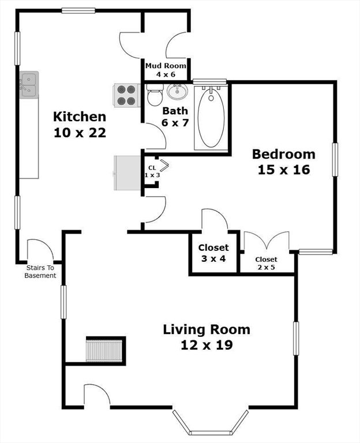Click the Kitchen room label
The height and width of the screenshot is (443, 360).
click(80, 125)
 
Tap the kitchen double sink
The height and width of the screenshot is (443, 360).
click(29, 85)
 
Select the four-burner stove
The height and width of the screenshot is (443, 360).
click(127, 96)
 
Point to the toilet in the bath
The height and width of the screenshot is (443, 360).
click(155, 95)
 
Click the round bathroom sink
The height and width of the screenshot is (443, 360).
click(177, 92)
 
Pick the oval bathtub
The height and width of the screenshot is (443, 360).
click(211, 117)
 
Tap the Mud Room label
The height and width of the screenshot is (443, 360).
click(166, 70)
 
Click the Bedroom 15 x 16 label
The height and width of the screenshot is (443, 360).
click(284, 162)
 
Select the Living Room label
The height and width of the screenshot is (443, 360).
click(207, 337)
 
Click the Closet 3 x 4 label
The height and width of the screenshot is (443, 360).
click(213, 253)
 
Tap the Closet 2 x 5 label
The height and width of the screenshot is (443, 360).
click(266, 263)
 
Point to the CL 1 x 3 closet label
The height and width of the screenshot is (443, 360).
click(152, 171)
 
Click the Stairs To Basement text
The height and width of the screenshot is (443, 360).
click(40, 272)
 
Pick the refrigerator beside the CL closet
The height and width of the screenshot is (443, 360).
click(127, 172)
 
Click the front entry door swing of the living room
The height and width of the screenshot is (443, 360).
click(97, 395)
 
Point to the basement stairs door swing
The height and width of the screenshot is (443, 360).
click(40, 250)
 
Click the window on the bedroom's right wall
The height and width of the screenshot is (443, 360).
click(335, 159)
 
